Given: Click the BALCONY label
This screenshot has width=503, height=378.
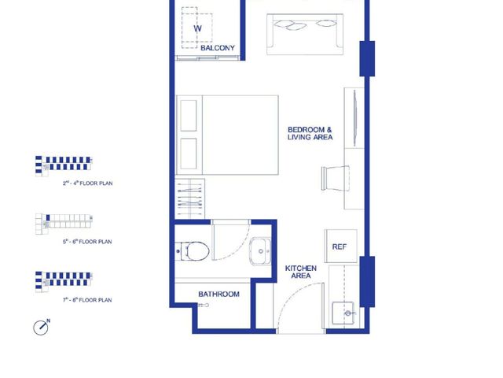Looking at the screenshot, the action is tap(218, 48).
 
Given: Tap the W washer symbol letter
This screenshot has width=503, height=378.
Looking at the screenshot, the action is tap(197, 28).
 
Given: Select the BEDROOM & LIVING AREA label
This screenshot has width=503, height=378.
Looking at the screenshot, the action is tap(310, 133).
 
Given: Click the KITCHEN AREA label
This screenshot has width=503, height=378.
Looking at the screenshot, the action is tap(300, 272).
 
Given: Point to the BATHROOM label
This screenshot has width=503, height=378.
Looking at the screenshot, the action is tap(218, 294).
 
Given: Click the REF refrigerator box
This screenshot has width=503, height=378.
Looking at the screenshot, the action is tap(340, 246).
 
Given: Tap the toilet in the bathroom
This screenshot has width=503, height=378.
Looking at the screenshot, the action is tap(193, 251).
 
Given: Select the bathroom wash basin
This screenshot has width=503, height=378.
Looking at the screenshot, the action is tap(260, 251).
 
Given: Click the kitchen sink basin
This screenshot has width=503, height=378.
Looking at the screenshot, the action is tap(343, 313).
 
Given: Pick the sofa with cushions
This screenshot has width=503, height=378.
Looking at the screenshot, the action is tap(305, 35).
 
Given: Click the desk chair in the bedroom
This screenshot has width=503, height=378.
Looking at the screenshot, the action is tap(336, 179).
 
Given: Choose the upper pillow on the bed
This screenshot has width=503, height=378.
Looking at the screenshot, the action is tap(189, 116).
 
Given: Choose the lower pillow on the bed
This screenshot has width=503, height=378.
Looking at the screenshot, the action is tap(189, 154).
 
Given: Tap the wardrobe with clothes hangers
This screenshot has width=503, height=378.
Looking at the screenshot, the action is tap(190, 199).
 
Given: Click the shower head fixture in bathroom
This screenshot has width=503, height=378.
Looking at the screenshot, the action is tap(204, 305).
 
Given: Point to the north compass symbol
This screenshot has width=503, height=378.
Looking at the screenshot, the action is tap(42, 328).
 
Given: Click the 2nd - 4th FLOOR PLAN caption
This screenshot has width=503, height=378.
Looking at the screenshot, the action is tap(87, 183).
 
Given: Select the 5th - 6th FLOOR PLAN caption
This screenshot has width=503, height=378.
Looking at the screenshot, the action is tap(87, 242).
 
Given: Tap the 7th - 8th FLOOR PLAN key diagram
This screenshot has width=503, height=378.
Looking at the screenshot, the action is tap(64, 282).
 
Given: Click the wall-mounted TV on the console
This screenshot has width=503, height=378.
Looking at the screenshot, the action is tap(355, 118).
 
